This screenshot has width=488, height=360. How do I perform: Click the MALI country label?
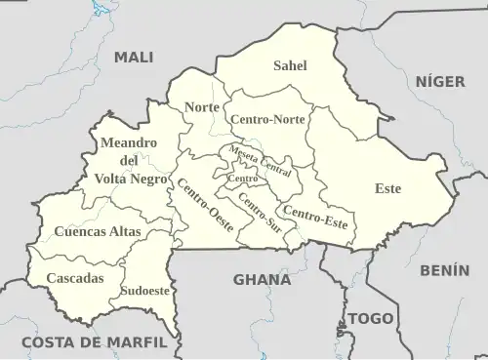[134, 58]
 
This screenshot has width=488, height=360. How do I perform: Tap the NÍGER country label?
[441, 82]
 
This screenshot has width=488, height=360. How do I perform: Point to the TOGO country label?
[371, 319]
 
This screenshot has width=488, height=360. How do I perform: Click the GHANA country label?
[262, 280]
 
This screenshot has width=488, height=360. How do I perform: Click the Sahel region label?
[290, 66]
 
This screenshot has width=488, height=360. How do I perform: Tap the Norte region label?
[202, 106]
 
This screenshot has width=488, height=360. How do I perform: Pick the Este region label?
[388, 188]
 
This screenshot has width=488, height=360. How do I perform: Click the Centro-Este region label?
[314, 218]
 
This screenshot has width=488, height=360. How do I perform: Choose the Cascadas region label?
[75, 279]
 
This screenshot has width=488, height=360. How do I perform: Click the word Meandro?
[129, 143]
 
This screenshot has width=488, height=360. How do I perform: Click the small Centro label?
[242, 180]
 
